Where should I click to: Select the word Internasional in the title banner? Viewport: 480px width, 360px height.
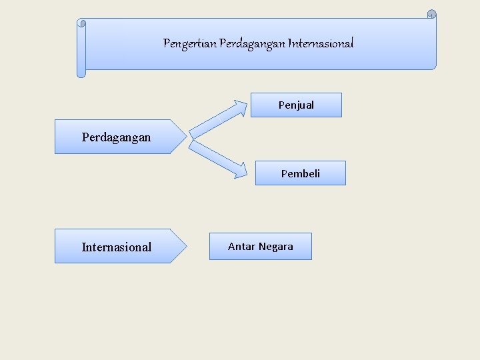321,44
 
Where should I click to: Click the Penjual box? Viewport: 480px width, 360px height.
296,105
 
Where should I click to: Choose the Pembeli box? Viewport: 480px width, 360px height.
300,173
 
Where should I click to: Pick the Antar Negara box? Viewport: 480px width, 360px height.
260,247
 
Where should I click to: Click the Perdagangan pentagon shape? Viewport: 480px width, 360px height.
117,137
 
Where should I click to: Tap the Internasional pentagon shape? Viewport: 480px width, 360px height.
117,247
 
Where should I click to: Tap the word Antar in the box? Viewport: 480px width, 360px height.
239,247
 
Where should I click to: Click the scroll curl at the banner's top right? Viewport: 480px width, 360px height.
431,15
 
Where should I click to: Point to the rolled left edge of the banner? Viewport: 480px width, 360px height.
81,48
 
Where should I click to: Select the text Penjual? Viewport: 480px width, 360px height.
296,105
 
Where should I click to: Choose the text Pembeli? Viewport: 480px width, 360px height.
300,173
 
